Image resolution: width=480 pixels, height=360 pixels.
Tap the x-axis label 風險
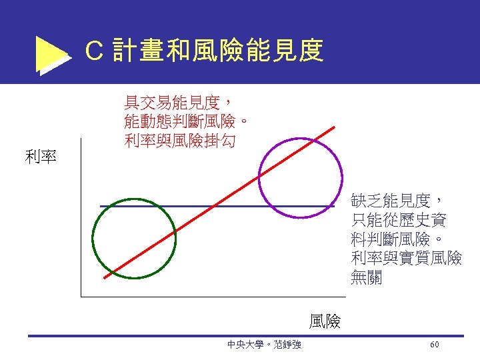(x=325, y=322)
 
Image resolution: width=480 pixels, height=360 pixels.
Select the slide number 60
(x=434, y=344)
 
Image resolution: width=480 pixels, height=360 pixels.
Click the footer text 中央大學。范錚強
(x=264, y=344)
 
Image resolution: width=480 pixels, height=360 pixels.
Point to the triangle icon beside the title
(x=51, y=54)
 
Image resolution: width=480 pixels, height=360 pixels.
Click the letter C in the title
(x=95, y=51)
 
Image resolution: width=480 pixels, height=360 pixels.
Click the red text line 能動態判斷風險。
(x=187, y=122)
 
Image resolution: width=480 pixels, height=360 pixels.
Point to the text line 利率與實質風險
(x=405, y=259)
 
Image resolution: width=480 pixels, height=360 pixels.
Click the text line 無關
(x=366, y=278)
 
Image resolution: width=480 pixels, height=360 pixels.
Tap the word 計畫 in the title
(x=137, y=51)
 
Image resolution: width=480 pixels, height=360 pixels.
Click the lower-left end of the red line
(x=105, y=277)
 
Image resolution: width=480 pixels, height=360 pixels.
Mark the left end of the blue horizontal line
(x=101, y=207)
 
